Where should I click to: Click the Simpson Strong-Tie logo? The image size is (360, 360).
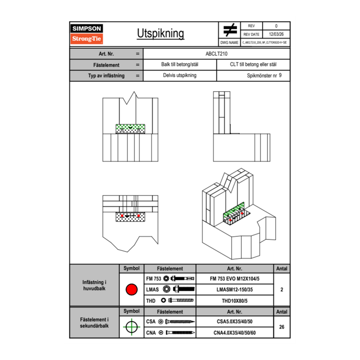[x=87, y=34]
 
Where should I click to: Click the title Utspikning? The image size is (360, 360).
[x=160, y=34]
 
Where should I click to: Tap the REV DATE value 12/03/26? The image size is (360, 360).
[x=276, y=34]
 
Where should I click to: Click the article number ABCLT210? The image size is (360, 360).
[x=216, y=54]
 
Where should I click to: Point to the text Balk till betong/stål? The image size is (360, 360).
[x=180, y=65]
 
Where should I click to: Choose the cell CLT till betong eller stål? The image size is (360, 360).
[x=253, y=65]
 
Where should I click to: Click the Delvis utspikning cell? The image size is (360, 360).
[x=180, y=76]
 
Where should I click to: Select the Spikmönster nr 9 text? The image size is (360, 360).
[x=264, y=76]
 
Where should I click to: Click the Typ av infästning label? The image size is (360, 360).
[x=106, y=76]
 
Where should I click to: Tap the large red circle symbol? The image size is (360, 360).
[x=131, y=290]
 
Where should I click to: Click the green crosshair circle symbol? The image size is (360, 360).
[x=131, y=327]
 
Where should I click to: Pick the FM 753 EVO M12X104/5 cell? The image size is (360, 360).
[x=234, y=279]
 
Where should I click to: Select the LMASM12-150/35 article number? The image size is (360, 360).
[x=234, y=290]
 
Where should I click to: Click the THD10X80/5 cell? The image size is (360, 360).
[x=234, y=301]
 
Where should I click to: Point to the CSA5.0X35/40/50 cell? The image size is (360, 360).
[x=234, y=322]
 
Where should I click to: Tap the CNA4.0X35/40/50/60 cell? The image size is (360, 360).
[x=234, y=333]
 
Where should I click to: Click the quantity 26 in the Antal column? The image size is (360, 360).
[x=281, y=327]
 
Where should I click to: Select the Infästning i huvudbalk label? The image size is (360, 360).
[x=94, y=286]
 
